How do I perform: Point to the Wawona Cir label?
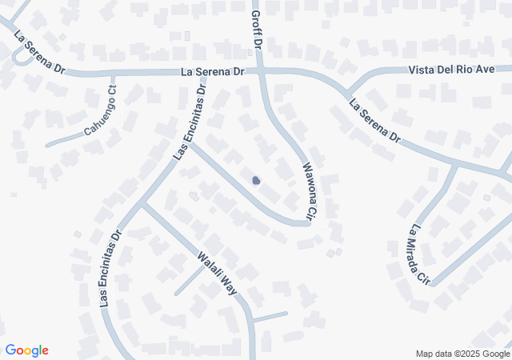click(x=308, y=190)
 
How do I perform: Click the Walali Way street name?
click(x=218, y=273)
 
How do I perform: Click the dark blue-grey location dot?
click(x=256, y=181)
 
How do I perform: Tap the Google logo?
click(x=26, y=350)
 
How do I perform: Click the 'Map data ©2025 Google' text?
click(x=462, y=354)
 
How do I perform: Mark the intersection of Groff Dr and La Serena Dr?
click(x=258, y=71)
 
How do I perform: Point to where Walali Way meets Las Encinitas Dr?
click(x=142, y=205)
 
